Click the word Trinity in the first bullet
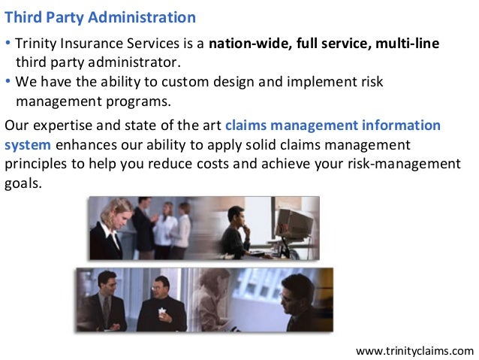tap(35, 44)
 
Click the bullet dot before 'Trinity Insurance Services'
tap(8, 44)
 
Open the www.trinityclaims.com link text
tap(414, 349)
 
